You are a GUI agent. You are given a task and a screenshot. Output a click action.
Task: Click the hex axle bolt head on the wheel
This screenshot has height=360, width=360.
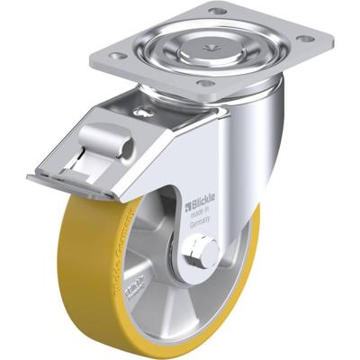coord(204,253)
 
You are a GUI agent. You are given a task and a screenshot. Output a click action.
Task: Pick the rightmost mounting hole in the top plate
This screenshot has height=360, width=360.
coord(308,39)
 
